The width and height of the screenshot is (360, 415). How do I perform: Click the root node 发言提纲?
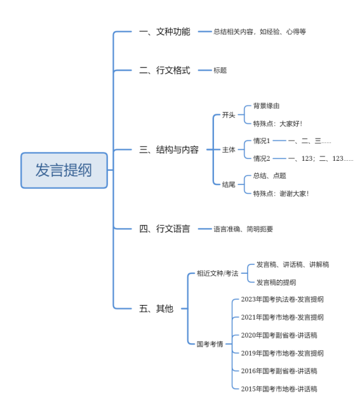(64, 170)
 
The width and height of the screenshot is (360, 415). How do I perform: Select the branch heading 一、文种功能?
(164, 32)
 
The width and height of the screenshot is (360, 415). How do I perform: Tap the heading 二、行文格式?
(164, 71)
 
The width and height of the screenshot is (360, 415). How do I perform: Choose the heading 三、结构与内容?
(169, 150)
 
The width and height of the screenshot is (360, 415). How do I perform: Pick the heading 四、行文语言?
(164, 229)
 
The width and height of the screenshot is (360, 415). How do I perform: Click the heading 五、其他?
(156, 309)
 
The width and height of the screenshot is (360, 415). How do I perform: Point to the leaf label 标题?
(220, 71)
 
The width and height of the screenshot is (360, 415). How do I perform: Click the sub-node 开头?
(229, 115)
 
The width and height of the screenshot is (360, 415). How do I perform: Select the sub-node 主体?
(229, 150)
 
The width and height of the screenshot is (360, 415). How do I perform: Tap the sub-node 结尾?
(229, 184)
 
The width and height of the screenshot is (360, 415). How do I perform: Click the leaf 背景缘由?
(267, 106)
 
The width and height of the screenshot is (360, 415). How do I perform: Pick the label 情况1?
(262, 141)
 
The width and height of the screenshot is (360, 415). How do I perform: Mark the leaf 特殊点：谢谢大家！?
(281, 194)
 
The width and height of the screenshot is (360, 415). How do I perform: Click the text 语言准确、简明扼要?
(243, 229)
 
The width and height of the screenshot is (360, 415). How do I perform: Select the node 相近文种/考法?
(217, 273)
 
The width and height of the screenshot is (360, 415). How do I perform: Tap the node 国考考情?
(210, 344)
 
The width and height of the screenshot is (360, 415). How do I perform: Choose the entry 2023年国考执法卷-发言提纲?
(283, 299)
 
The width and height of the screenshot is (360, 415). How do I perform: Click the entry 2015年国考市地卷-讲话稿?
(279, 389)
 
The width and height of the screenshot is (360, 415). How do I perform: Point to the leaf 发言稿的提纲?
(276, 282)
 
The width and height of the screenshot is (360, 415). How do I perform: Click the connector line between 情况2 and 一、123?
(279, 158)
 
